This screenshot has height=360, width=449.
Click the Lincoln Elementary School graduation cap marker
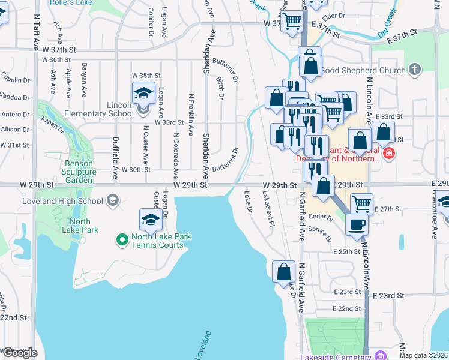[143, 93]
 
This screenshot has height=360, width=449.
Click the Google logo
[20, 352]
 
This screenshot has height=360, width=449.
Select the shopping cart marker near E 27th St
[361, 204]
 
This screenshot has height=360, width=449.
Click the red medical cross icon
[389, 154]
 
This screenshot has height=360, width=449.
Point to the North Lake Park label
[80, 225]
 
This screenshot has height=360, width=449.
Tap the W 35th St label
[146, 76]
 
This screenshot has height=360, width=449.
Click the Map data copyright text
[423, 355]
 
